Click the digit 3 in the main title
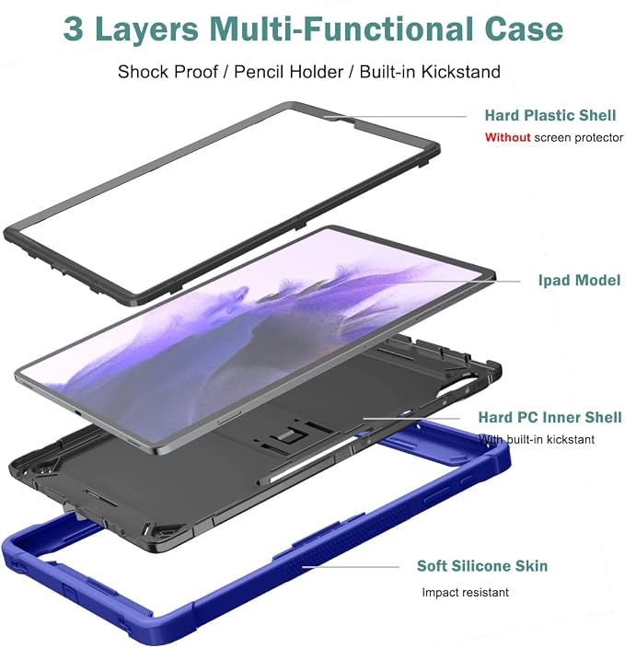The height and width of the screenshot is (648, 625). pyautogui.click(x=73, y=29)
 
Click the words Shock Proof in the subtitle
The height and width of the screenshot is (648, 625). pyautogui.click(x=168, y=72)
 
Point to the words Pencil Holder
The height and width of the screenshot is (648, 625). pyautogui.click(x=288, y=72)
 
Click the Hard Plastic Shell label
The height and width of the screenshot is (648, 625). pyautogui.click(x=550, y=115)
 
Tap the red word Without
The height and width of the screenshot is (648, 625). pyautogui.click(x=507, y=137)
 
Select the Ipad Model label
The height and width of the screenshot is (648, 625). pyautogui.click(x=579, y=280)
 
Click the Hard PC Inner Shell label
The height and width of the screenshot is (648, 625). pyautogui.click(x=550, y=417)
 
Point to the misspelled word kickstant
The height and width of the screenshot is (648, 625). pyautogui.click(x=570, y=439)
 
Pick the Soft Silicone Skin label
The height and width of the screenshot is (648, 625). pyautogui.click(x=482, y=566)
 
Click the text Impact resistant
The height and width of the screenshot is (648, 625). pyautogui.click(x=465, y=593)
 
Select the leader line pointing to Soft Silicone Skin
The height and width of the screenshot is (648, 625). pyautogui.click(x=351, y=567)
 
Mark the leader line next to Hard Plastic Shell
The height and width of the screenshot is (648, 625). pyautogui.click(x=395, y=117)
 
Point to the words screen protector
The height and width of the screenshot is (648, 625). pyautogui.click(x=579, y=138)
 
